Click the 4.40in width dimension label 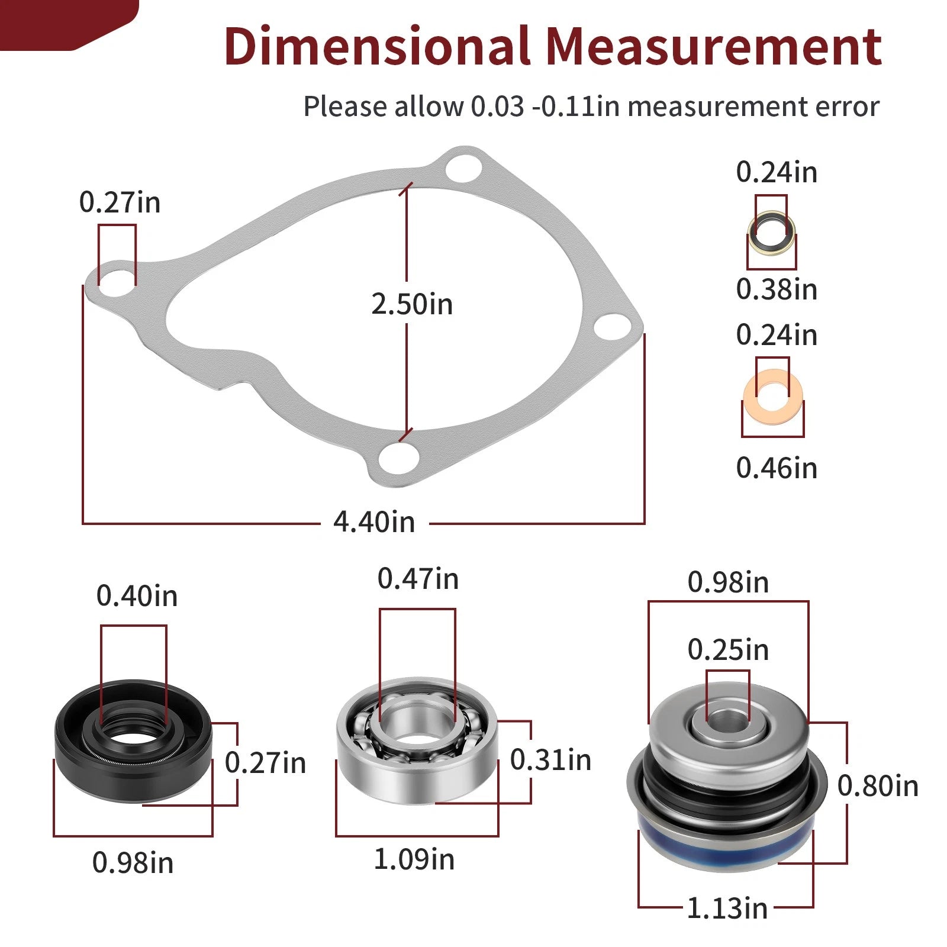[x=374, y=522]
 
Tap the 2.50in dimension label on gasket [x=412, y=304]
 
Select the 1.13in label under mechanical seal [x=727, y=908]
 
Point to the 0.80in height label [x=878, y=786]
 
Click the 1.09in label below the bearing [x=414, y=859]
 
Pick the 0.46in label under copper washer [x=777, y=468]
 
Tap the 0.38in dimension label [x=777, y=289]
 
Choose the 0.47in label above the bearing [x=418, y=579]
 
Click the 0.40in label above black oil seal [x=137, y=596]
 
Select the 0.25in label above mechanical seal [x=728, y=650]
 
